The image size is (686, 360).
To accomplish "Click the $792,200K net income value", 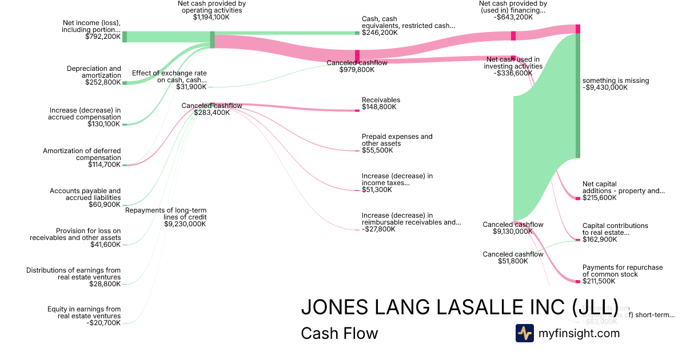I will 102,37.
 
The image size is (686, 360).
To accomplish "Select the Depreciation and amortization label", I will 94,72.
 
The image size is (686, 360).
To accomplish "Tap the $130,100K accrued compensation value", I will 103,124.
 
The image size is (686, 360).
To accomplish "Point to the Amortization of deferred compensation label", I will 82,154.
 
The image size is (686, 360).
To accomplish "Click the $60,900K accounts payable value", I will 105,205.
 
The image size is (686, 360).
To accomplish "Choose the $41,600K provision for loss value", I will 105,245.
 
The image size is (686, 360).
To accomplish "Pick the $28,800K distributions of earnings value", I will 105,284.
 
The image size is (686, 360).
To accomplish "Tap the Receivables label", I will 381,100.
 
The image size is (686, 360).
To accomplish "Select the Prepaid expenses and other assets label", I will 397,140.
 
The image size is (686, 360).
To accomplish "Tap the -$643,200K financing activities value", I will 512,17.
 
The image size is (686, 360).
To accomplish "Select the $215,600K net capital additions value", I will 599,198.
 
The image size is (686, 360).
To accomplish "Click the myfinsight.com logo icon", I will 525,333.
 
